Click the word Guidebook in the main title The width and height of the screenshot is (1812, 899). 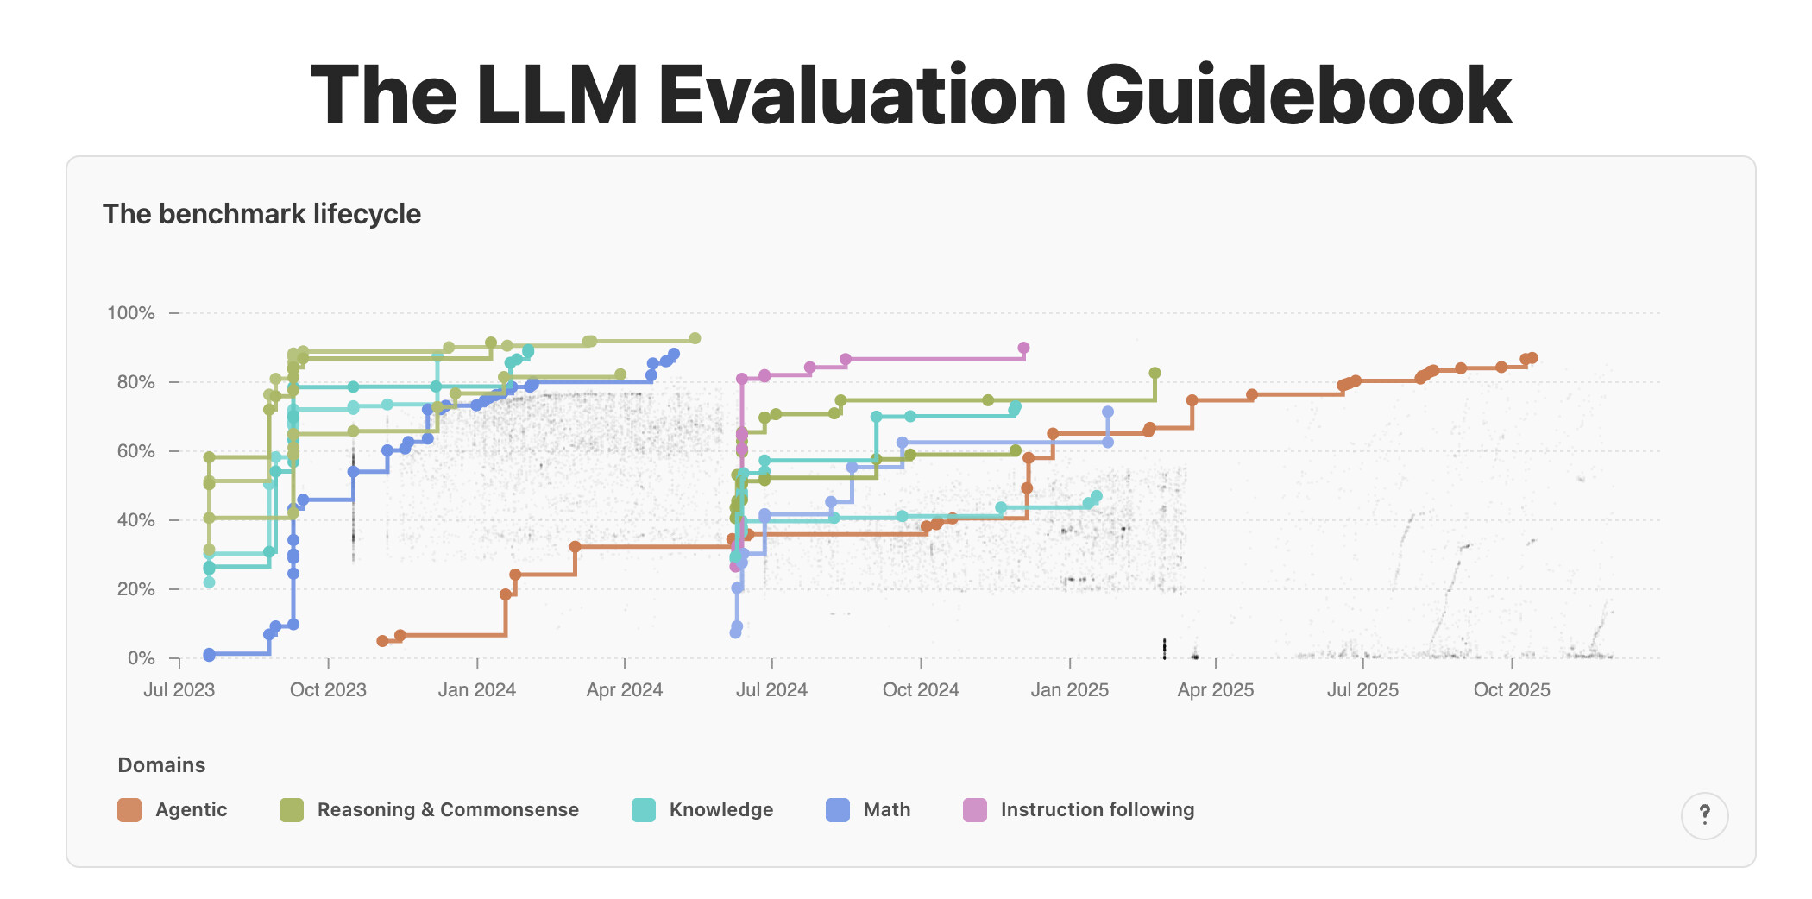[x=1298, y=95]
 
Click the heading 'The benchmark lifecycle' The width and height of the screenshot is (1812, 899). [x=261, y=214]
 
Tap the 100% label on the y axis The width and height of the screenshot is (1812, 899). [x=131, y=313]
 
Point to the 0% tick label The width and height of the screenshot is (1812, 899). [x=141, y=658]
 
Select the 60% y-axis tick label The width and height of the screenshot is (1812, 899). [x=135, y=451]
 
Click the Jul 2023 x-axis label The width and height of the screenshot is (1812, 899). [x=179, y=690]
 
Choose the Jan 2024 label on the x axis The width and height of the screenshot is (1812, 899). [x=476, y=690]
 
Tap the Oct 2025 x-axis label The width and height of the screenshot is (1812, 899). [x=1512, y=690]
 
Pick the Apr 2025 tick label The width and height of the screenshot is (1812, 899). [x=1215, y=690]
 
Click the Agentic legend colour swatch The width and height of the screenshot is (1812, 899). [x=129, y=810]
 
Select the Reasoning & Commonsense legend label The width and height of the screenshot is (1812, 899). [x=448, y=810]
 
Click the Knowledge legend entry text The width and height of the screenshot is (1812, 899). [x=721, y=810]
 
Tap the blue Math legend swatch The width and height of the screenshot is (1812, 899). [x=838, y=810]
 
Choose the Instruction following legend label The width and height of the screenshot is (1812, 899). [x=1098, y=810]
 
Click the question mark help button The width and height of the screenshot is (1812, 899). [x=1704, y=815]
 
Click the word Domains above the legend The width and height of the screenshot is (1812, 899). [x=161, y=765]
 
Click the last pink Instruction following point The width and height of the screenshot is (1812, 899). [x=1023, y=349]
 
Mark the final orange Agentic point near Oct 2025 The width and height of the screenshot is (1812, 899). [x=1532, y=358]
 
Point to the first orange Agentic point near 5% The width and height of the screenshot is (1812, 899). [x=382, y=641]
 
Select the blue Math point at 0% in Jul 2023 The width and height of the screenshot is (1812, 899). [x=209, y=655]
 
